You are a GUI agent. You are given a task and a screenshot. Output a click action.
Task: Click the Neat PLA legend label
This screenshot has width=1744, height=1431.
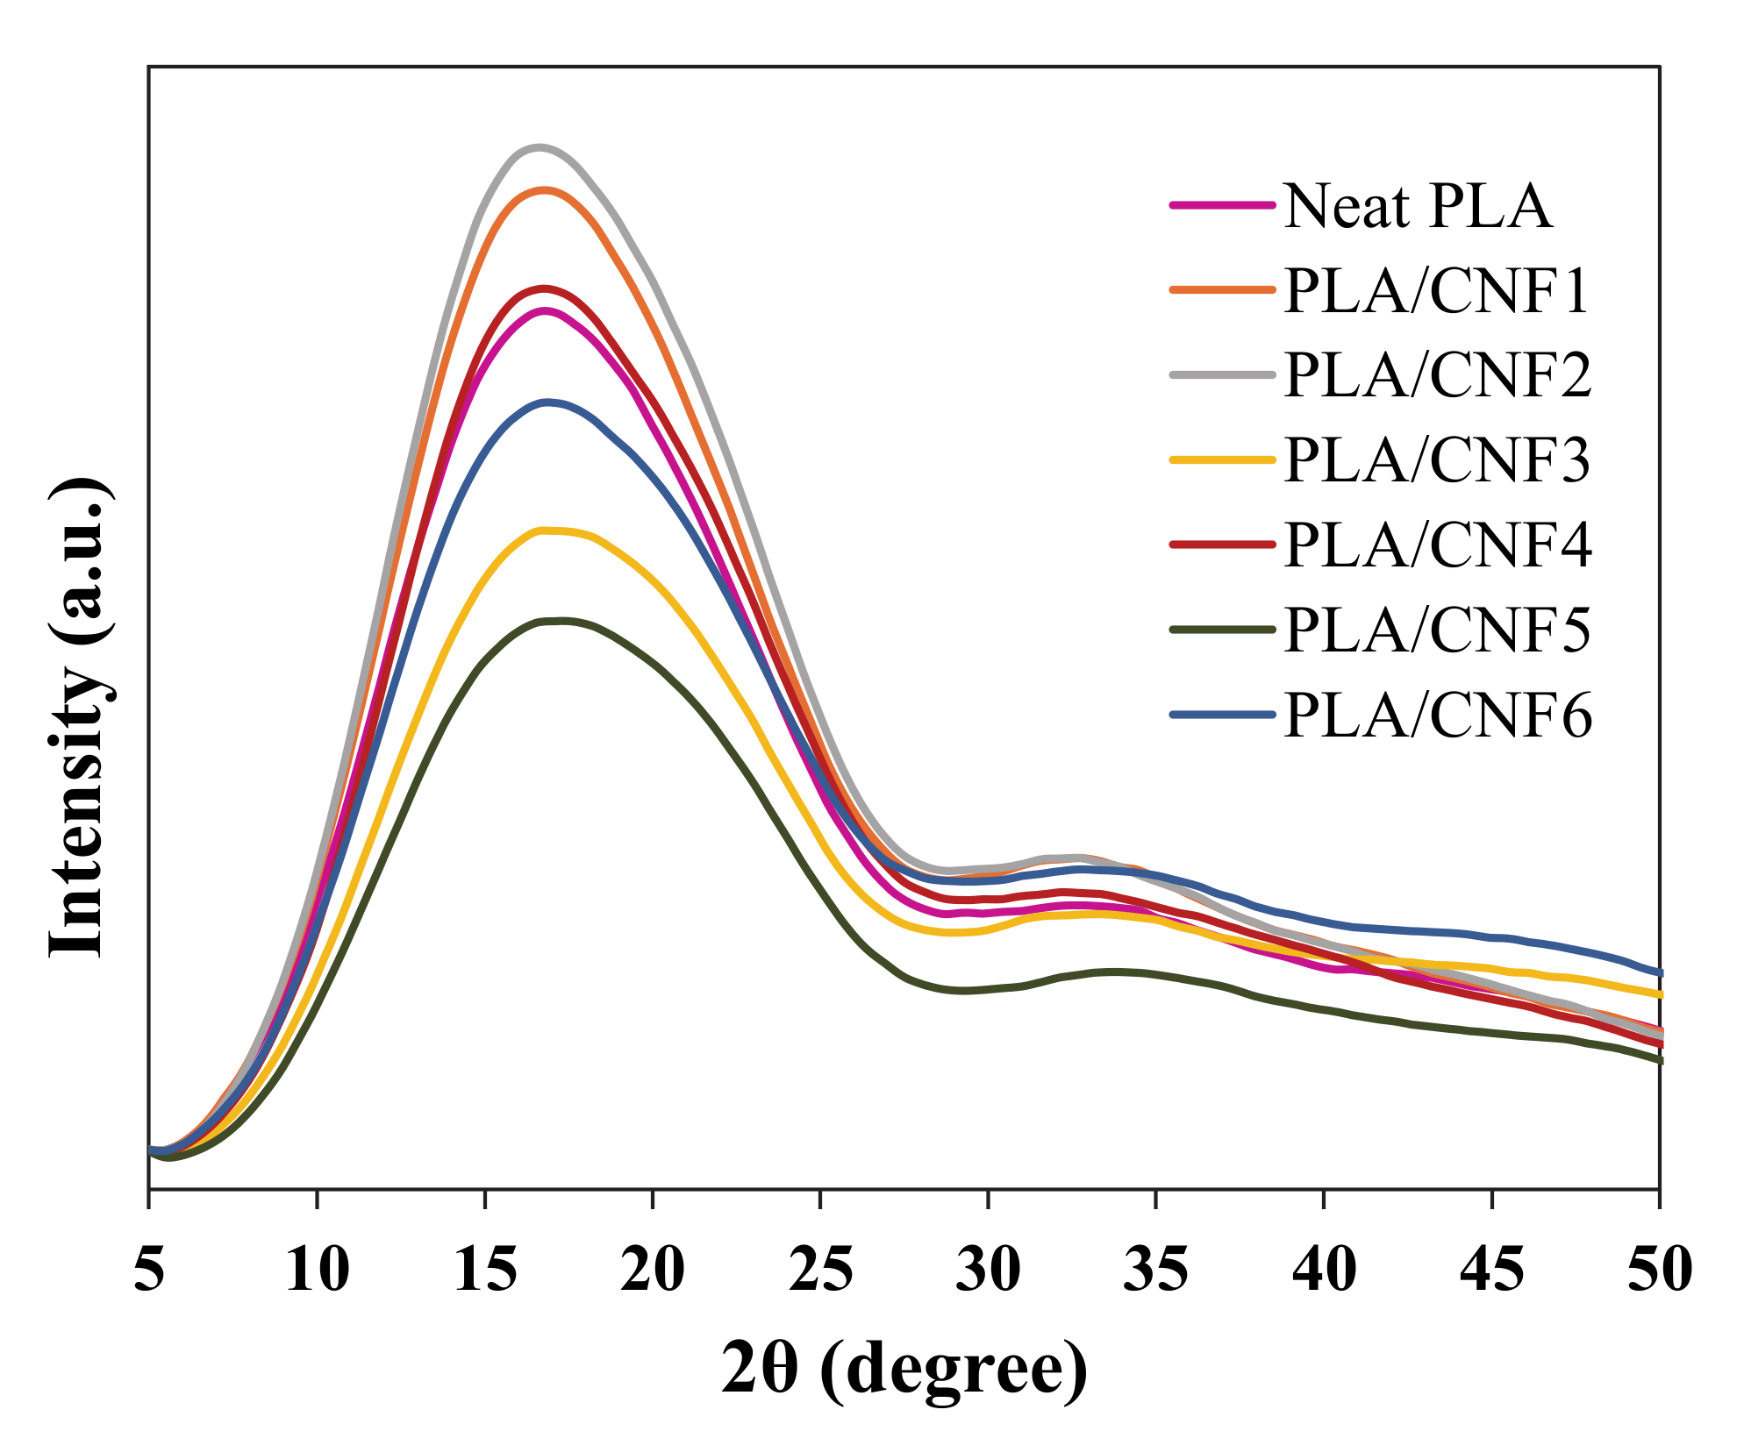point(1417,207)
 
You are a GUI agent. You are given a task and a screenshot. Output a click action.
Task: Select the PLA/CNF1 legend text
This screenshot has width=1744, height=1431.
point(1436,291)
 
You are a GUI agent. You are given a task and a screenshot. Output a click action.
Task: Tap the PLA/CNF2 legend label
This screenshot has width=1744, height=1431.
point(1437,375)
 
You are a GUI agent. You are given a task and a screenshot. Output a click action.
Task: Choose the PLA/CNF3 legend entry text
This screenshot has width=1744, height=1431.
point(1436,460)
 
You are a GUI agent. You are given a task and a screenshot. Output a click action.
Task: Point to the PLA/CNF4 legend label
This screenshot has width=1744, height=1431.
point(1437,545)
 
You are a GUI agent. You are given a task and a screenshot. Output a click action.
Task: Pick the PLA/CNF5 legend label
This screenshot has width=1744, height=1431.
point(1436,630)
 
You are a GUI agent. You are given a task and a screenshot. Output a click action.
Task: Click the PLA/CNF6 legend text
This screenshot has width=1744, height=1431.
point(1437,715)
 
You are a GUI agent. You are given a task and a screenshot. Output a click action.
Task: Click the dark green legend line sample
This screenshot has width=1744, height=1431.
point(1222,629)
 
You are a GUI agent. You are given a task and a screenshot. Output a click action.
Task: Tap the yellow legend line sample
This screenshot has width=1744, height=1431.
point(1222,459)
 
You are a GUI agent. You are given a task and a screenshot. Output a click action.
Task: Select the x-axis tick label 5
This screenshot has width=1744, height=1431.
point(149,1269)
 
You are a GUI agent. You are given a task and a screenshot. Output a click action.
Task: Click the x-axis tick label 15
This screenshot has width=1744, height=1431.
point(485,1269)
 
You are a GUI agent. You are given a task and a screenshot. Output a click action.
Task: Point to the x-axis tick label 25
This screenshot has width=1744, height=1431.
point(820,1269)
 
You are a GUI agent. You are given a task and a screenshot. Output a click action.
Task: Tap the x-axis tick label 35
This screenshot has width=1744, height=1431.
point(1156,1269)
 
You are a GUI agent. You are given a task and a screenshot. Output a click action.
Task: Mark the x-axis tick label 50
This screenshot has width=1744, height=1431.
point(1658,1269)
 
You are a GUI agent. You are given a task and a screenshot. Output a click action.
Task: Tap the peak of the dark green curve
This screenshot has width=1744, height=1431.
point(558,621)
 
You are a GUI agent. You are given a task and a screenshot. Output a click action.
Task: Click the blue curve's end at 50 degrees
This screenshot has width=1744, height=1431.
point(1658,972)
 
